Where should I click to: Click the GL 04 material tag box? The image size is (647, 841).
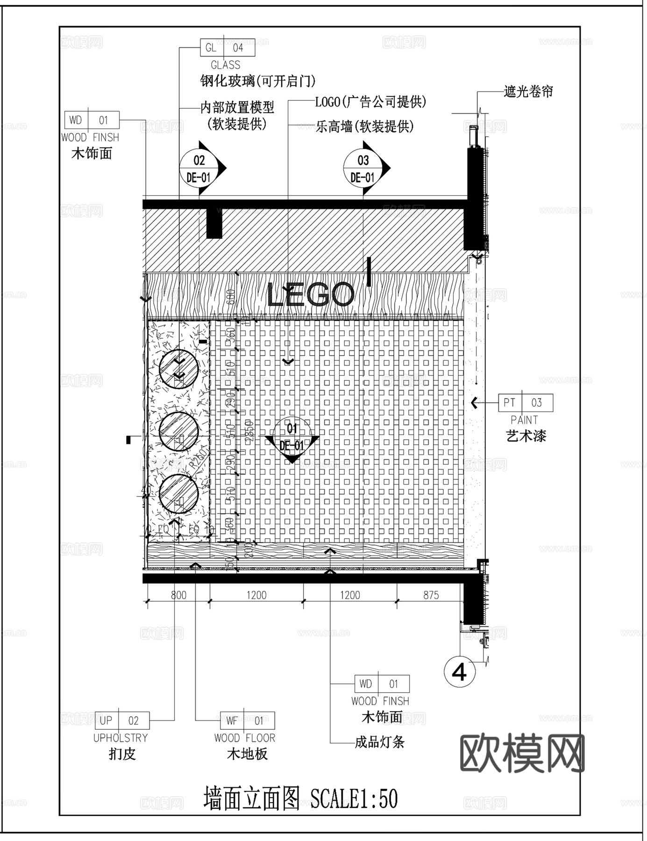click(228, 48)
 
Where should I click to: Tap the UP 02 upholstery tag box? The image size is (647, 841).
click(122, 720)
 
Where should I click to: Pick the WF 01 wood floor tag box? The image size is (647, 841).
click(247, 720)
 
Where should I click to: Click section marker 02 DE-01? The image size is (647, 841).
click(199, 168)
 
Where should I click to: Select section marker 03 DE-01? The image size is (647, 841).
click(363, 168)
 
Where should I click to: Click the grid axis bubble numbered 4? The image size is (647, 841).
click(460, 673)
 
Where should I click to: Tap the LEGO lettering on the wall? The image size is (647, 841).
click(310, 295)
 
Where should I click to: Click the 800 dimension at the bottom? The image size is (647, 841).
click(178, 595)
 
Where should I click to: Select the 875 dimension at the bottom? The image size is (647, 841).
click(431, 595)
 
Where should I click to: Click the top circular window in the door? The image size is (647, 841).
click(178, 369)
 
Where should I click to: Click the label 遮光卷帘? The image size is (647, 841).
click(528, 92)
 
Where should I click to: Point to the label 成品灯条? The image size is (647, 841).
click(380, 742)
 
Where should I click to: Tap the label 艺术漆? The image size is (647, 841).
click(526, 436)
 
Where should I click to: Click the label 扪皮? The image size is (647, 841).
click(122, 754)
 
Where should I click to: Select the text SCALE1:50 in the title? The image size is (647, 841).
click(354, 798)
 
